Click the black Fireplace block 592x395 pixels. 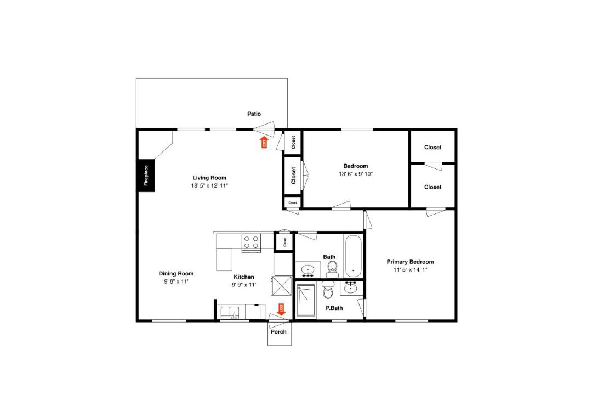pos(146,176)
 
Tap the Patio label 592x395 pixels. pos(254,114)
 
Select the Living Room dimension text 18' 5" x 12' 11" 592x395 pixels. pos(209,185)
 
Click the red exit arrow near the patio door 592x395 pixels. pos(264,143)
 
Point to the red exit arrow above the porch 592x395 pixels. pos(281,309)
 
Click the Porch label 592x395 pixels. pos(278,332)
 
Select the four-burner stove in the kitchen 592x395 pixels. pos(252,243)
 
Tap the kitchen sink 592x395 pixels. pos(230,313)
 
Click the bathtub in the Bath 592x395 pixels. pos(354,256)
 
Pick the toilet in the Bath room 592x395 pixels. pos(332,270)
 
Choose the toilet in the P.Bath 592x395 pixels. pos(328,290)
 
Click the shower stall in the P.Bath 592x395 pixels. pos(306,300)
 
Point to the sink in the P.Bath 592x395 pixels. pos(351,288)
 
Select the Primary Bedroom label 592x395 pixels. pos(411,262)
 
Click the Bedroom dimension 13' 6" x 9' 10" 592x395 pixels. pos(356,174)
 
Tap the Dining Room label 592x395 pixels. pos(176,274)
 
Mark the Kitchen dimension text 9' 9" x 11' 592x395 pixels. pos(244,285)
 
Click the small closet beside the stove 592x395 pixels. pos(284,241)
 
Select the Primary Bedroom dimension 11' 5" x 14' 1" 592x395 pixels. pos(411,270)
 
